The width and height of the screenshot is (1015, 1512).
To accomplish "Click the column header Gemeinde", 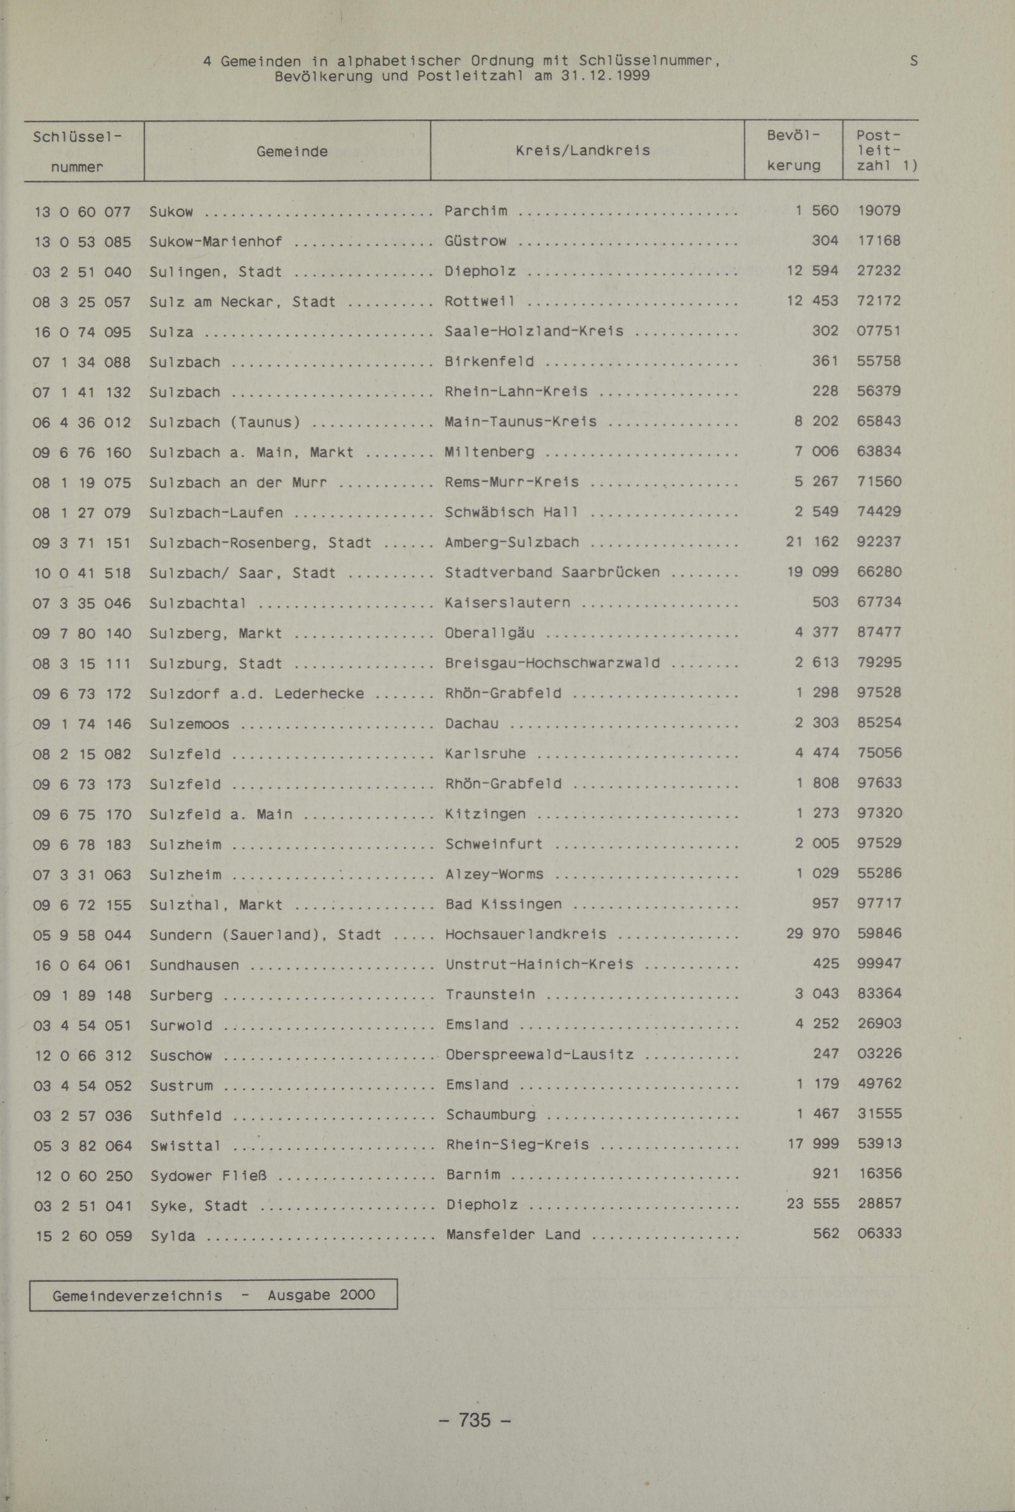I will coord(292,152).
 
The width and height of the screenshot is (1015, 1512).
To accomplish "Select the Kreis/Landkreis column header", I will coord(583,150).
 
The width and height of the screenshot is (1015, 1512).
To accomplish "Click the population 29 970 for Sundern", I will coord(813,933).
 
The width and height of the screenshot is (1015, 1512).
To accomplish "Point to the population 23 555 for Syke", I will coord(813,1203).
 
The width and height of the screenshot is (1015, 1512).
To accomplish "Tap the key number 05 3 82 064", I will coord(82,1146).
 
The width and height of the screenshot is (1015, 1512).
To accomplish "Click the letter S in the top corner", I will coord(913,61).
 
